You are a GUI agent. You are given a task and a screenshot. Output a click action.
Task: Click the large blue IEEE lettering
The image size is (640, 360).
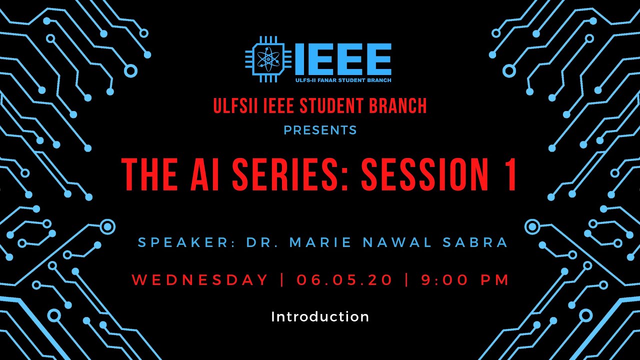[343, 59]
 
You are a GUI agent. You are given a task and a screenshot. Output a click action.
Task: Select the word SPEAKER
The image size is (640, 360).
[183, 243]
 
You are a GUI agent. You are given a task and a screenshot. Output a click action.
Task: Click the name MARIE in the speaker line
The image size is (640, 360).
[319, 243]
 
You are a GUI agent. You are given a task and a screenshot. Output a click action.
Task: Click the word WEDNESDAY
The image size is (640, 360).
[200, 280]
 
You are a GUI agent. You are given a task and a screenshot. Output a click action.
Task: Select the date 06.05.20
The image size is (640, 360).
[344, 280]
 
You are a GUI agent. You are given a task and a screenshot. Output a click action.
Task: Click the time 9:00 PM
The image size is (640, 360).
[465, 280]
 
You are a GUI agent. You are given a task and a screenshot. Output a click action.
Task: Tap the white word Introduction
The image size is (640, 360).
[320, 316]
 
